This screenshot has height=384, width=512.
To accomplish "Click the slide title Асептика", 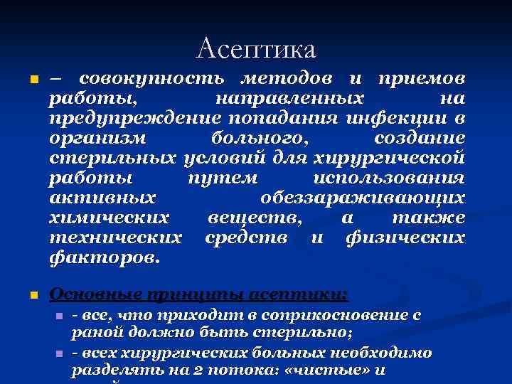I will tap(256, 49).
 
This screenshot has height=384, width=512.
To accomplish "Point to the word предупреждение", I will tap(129, 117).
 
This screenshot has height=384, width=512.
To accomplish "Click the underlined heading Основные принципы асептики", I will tap(198, 294).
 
